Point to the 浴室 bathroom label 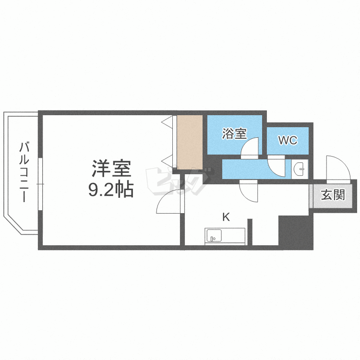[x=234, y=134]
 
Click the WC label [x=288, y=141]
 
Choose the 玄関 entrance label [x=333, y=195]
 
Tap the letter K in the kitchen [x=225, y=217]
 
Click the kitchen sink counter [x=225, y=236]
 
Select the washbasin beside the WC [x=300, y=169]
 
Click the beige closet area [x=190, y=142]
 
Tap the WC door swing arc [x=277, y=166]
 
